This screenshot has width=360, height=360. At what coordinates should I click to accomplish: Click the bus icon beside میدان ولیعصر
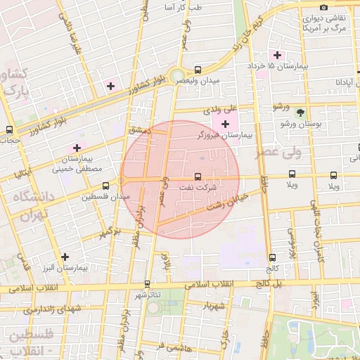coord(198,70)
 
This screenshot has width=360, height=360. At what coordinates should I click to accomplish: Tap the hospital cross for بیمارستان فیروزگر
coord(224,124)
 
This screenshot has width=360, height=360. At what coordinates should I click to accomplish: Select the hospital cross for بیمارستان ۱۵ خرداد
coord(277,55)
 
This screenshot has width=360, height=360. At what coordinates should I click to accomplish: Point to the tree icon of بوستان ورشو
coord(300,112)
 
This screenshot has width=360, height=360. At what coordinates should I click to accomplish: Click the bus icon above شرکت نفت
coord(197,176)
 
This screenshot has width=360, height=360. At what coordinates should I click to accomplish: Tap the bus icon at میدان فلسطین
coord(105,186)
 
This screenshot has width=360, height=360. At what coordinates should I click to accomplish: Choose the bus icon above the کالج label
coord(272,258)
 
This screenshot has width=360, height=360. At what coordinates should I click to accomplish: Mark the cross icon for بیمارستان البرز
coord(65,257)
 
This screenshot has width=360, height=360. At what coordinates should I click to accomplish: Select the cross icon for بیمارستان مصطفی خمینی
coord(77,148)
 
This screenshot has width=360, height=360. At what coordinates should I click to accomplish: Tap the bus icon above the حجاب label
coord(9,129)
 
